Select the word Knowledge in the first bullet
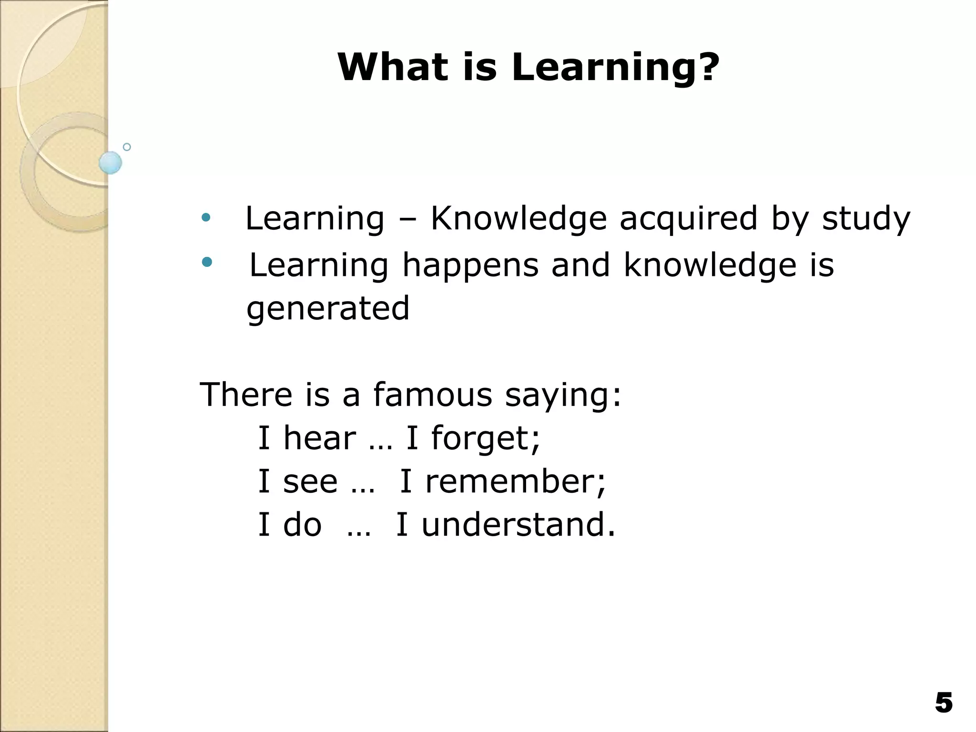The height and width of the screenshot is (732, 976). (x=518, y=219)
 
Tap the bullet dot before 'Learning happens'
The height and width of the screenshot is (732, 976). (x=206, y=262)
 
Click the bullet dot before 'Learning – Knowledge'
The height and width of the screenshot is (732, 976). (x=206, y=218)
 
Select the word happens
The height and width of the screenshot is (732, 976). (x=470, y=266)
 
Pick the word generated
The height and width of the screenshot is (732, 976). (x=328, y=309)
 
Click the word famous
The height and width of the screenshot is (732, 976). (x=432, y=395)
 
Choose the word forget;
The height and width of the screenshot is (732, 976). (x=486, y=438)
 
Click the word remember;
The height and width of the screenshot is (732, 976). (x=515, y=481)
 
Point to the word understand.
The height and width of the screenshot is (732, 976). (x=518, y=524)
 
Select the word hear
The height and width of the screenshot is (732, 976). (x=319, y=438)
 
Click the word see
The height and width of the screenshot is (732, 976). (x=310, y=482)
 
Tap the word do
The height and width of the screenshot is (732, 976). (x=302, y=524)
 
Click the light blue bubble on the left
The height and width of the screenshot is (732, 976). (x=111, y=163)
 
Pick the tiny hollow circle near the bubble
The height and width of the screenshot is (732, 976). (x=127, y=147)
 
